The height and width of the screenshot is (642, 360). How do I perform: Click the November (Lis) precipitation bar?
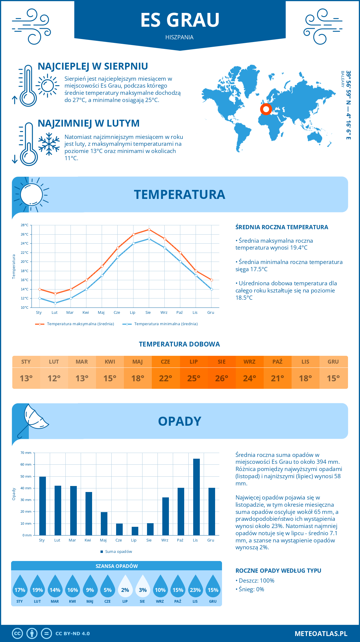[x=196, y=497]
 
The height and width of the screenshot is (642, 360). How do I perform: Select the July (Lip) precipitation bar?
[x=135, y=531]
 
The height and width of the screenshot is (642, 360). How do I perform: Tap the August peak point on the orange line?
[x=149, y=230]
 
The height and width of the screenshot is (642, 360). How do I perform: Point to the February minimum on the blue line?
[x=55, y=303]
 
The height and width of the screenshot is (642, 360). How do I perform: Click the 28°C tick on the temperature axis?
[x=25, y=225]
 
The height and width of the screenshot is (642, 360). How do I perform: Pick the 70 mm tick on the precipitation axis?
[x=26, y=453]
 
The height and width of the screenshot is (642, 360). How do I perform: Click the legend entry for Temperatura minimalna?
[x=160, y=324]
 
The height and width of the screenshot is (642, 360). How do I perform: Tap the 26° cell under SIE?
[x=222, y=378]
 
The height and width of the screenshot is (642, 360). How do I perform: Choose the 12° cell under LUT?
[x=54, y=378]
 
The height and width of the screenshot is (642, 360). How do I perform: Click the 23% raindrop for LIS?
[x=195, y=586]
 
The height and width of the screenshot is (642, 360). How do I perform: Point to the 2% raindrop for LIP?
[x=125, y=586]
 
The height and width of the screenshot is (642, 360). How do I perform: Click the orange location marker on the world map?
[x=266, y=109]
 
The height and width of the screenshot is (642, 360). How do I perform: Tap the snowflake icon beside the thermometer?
[x=49, y=144]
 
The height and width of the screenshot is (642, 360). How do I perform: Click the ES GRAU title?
[x=180, y=20]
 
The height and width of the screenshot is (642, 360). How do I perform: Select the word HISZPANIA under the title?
[x=179, y=37]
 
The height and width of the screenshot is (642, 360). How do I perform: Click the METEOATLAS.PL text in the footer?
[x=321, y=633]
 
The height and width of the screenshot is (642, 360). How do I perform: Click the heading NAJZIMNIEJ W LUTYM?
[x=88, y=123]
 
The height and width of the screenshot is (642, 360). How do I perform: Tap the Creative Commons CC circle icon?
[x=17, y=633]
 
